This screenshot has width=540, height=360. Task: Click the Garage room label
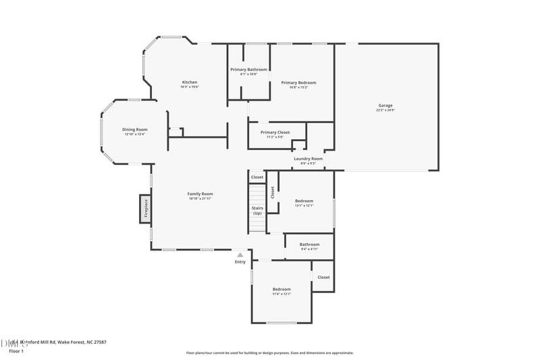coord(385,106)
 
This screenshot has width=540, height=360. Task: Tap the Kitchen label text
coord(189,82)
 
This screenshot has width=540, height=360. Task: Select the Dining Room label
coord(134,130)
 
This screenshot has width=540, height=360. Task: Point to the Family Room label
coord(200,194)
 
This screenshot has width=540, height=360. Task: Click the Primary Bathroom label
coord(248,70)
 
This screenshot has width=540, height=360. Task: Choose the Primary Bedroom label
coord(298,82)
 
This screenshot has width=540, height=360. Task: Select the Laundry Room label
coord(308,159)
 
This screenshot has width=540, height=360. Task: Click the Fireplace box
coord(144,209)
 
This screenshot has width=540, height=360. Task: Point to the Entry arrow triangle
coord(240,255)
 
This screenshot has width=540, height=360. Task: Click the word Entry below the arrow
coord(240,262)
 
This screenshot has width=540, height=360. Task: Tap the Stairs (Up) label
coord(257,211)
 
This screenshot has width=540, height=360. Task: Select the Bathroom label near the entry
coord(309,245)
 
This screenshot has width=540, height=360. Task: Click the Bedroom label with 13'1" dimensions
coord(304,201)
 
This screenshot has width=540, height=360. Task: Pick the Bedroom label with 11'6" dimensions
coord(281,289)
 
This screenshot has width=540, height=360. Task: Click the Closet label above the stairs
coord(257,177)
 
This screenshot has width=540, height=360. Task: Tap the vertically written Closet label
coord(273,192)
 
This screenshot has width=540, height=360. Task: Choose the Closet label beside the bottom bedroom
coord(323,277)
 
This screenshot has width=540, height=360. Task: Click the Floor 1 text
coord(16,351)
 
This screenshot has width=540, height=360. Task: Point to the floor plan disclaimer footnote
coord(269,353)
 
